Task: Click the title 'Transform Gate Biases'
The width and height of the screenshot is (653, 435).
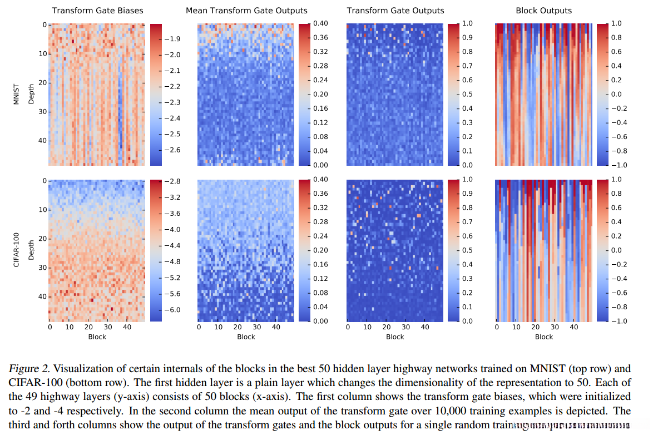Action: pos(97,11)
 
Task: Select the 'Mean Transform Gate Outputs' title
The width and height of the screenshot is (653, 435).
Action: pos(246,11)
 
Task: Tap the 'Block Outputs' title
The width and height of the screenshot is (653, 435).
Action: pos(543,11)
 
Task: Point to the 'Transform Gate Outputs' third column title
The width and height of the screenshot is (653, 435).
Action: pos(395,11)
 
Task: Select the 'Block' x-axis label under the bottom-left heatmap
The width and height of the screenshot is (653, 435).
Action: pos(97,337)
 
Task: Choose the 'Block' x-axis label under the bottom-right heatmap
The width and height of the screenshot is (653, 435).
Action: pos(543,337)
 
